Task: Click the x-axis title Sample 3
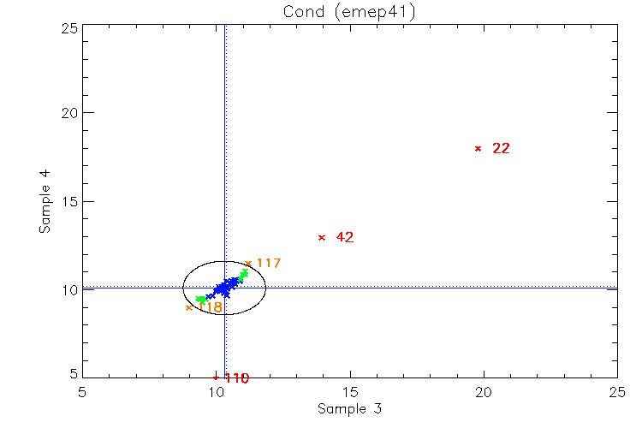348,409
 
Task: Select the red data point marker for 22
478,148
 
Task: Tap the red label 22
502,148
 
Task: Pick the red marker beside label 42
321,237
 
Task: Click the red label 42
345,237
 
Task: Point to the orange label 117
269,263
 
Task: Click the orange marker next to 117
248,264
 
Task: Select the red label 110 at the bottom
235,378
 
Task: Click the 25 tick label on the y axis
69,27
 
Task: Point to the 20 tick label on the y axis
69,113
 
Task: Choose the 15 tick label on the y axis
69,201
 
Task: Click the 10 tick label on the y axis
69,289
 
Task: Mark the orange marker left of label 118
189,307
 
